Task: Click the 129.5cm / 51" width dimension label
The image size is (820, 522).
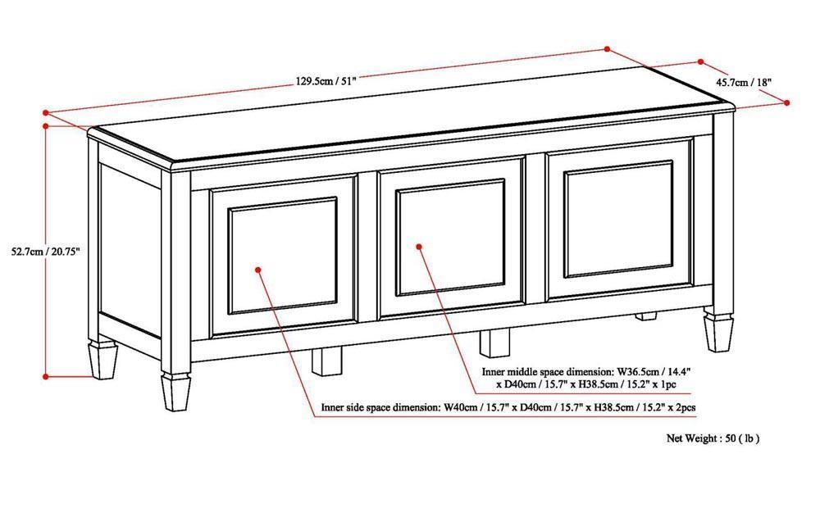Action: [326, 80]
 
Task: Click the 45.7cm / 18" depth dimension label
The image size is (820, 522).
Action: [743, 82]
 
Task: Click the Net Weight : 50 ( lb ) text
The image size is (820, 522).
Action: [713, 438]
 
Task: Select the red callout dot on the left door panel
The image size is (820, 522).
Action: [257, 268]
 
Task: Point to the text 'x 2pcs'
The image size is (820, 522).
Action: [682, 406]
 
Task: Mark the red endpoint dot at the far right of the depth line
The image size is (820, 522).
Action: [786, 102]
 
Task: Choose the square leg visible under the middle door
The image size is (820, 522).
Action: [494, 342]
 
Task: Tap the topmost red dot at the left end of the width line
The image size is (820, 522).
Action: [47, 111]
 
